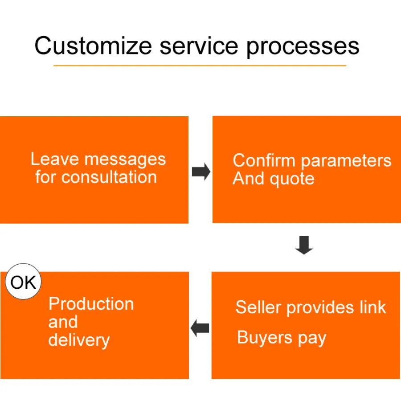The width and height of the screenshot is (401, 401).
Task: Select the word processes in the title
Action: point(303,46)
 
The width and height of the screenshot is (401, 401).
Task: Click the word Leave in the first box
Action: point(55,159)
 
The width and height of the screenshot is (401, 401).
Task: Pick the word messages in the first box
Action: point(125,160)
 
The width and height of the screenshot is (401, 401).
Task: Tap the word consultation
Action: point(109,177)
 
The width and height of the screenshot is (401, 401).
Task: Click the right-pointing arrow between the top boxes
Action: point(201,172)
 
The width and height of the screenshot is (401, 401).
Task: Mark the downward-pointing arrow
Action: point(304,245)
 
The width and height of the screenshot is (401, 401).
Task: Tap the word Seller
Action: point(258,307)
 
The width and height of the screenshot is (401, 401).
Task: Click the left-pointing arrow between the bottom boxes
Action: point(200,329)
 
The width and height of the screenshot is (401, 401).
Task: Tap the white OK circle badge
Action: point(23,282)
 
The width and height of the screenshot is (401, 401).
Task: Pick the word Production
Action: point(91,304)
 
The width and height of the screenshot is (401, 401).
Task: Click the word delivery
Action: point(79,340)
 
